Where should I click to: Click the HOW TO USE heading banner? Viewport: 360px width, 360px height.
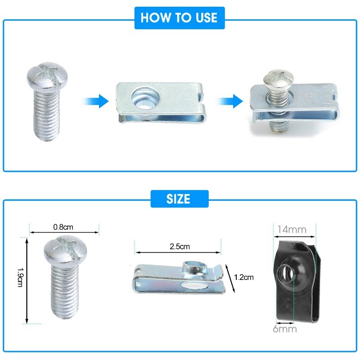tap(180, 18)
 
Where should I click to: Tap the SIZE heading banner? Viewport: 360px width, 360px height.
tap(180, 199)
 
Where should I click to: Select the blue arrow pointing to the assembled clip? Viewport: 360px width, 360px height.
tap(229, 101)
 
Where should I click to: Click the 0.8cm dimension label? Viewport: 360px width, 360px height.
tap(63, 227)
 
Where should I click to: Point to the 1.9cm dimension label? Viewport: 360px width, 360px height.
tap(20, 277)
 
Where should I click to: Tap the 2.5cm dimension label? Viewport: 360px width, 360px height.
tap(180, 247)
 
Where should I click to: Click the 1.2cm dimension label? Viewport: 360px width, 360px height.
tap(244, 277)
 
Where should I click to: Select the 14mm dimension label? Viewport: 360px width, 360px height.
tap(292, 229)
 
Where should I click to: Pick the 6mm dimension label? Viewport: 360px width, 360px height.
tap(285, 329)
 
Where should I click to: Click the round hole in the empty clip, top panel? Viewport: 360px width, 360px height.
tap(145, 98)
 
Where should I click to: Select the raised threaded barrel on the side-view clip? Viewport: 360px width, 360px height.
tap(195, 268)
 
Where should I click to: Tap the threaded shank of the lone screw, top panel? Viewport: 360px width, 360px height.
tap(47, 115)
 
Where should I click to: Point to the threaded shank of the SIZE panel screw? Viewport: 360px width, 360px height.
tap(64, 290)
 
